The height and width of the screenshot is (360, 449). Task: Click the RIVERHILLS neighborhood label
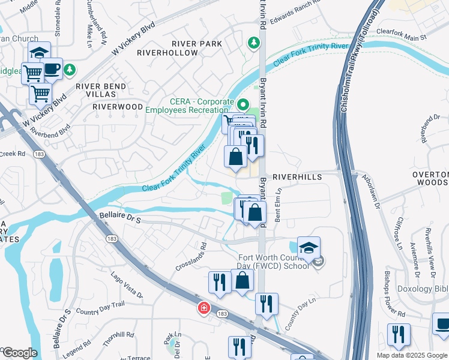pos(297,178)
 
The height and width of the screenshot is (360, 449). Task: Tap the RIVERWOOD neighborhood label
pos(118,107)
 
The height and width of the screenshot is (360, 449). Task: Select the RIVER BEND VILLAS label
pos(101,91)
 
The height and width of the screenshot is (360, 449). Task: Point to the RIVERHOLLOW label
pos(167,53)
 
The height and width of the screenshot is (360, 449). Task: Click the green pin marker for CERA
pos(243,104)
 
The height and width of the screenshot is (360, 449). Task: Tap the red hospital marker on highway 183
pos(205,308)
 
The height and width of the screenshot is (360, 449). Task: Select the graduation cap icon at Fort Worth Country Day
pos(309,248)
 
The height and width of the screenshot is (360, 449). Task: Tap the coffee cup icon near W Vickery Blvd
pos(52,68)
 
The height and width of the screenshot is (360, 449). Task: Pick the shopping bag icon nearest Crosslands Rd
pos(242,280)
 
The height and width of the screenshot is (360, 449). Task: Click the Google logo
pos(19,353)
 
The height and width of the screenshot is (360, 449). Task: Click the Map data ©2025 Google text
pos(412,355)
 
